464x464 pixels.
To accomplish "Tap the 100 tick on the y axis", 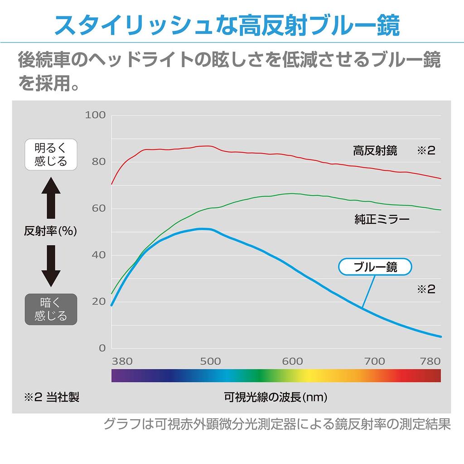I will pos(95,115).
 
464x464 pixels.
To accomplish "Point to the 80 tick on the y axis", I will pos(98,162).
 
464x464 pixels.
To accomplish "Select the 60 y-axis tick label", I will pos(98,208).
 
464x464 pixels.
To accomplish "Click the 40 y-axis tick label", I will pos(98,255).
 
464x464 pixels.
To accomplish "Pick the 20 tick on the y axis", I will pos(98,302).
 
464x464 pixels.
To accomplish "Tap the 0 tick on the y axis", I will pos(102,348).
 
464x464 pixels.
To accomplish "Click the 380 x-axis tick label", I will pos(122,361).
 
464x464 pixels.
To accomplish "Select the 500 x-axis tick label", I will pos(210,361).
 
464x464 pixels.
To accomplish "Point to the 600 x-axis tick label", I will pos(292,361).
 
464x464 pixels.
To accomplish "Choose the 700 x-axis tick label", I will pos(375,361).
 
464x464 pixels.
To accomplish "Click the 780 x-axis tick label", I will pos(430,361).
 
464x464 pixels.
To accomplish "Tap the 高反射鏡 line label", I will pos(375,151).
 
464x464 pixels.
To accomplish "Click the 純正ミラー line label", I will pos(382,220).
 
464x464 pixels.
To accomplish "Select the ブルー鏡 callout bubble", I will pos(375,267).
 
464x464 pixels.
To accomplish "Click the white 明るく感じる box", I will pos(51,155).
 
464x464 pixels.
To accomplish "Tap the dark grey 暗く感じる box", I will pos(51,309).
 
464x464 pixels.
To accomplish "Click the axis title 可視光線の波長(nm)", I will pos(275,397).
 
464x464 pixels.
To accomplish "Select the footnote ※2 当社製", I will pos(51,397).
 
